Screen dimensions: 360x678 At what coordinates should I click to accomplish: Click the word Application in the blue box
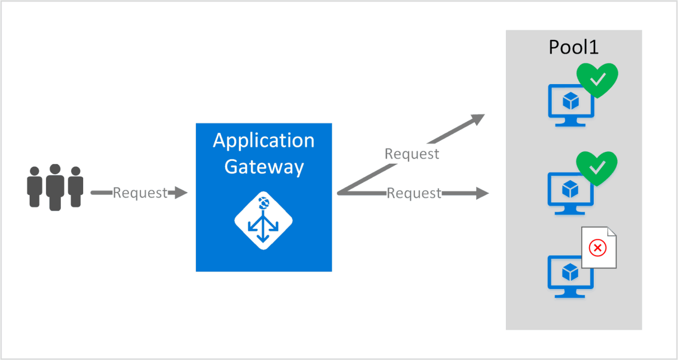click(x=263, y=141)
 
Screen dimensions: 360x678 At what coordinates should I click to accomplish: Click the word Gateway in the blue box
click(x=263, y=167)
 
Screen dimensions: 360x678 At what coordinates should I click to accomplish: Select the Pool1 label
click(x=574, y=47)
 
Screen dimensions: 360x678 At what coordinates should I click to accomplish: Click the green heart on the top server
click(x=597, y=80)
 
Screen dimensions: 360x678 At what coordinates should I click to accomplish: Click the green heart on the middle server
click(x=597, y=168)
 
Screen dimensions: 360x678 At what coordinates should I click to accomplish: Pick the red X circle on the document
click(x=597, y=247)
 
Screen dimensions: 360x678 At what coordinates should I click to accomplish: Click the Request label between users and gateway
click(x=140, y=193)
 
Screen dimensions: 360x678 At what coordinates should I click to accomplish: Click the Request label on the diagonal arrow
click(x=412, y=154)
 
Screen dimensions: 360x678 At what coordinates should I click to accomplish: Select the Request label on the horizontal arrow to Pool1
click(x=414, y=193)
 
